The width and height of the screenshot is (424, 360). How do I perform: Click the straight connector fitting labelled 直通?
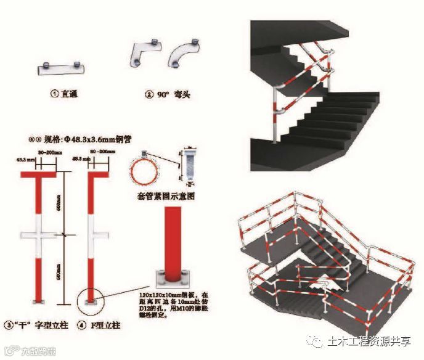(60, 68)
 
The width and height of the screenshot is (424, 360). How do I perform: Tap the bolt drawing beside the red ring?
(190, 166)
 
